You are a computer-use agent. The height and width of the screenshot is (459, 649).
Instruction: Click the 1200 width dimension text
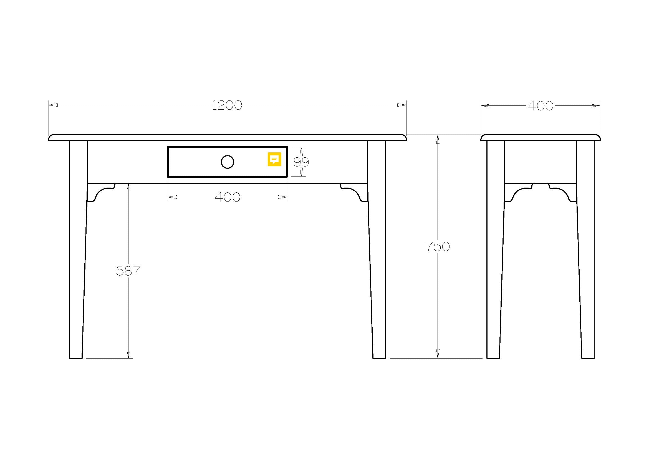point(227,105)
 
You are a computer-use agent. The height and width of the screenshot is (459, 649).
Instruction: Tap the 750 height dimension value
point(438,247)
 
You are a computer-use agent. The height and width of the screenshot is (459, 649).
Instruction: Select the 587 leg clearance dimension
point(128,271)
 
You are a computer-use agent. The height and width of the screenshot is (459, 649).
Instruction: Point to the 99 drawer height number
point(301,162)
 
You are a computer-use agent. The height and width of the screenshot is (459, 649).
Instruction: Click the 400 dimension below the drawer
point(228,197)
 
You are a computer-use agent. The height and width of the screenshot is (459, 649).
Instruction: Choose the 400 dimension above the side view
point(541,106)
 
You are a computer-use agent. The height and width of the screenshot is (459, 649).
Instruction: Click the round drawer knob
point(228,162)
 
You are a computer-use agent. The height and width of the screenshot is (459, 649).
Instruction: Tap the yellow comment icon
point(274,159)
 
